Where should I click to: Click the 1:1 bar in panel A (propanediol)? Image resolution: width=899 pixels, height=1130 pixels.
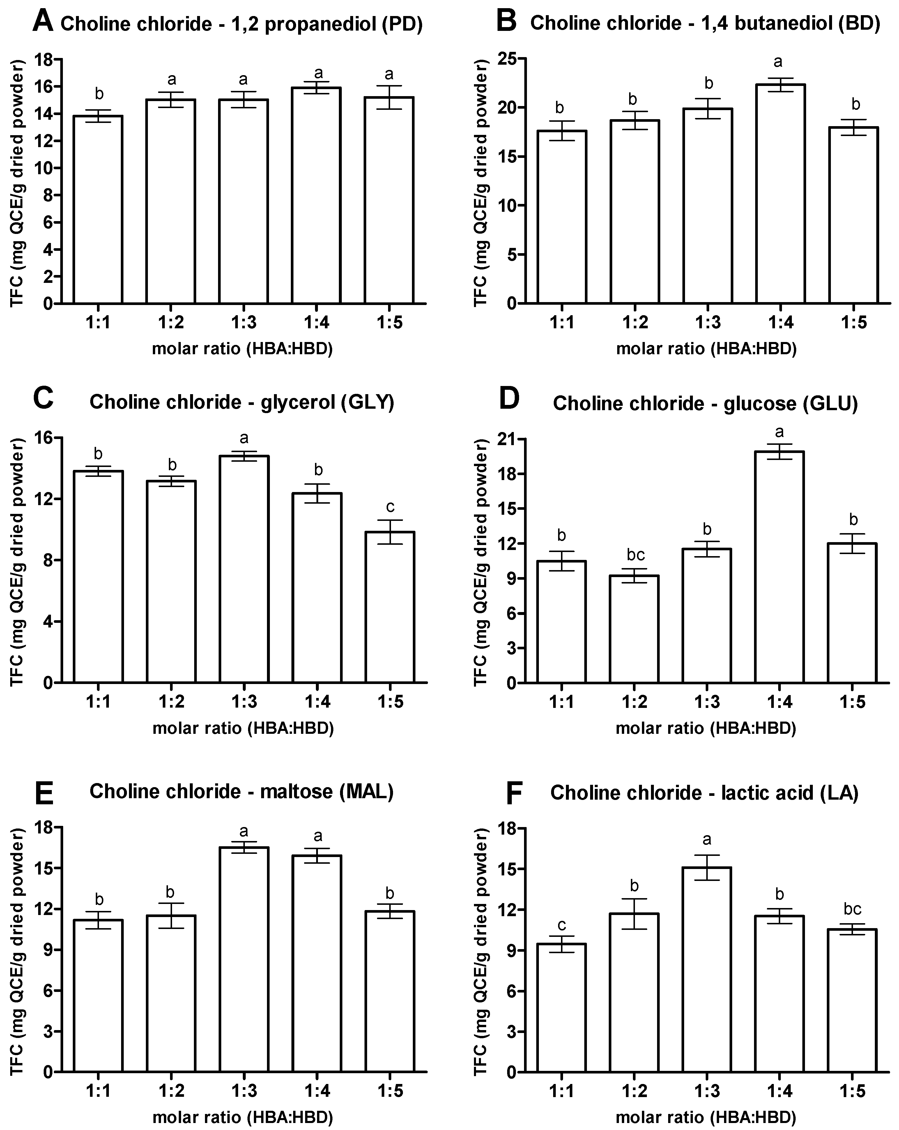98,210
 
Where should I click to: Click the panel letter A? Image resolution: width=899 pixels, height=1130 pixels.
43,22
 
